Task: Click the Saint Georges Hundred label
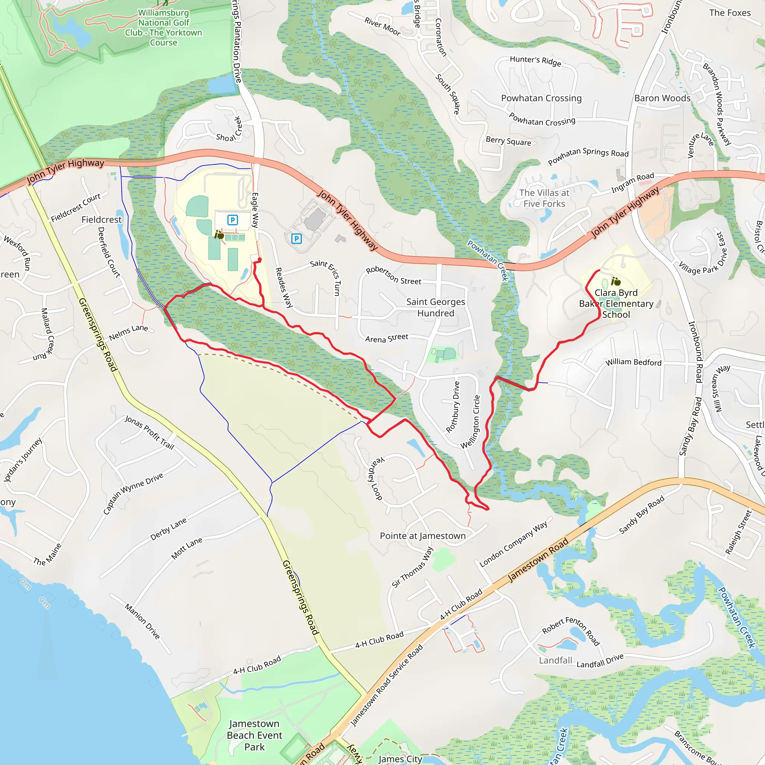[436, 307]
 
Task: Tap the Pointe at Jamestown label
[422, 536]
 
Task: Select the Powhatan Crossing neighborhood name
[541, 98]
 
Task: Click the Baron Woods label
[662, 98]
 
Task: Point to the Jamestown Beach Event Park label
[254, 735]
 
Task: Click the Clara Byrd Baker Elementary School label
[616, 304]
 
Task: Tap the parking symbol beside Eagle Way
[232, 220]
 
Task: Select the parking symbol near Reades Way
[296, 238]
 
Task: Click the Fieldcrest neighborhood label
[101, 219]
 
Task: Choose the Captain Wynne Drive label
[133, 493]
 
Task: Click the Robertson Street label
[393, 276]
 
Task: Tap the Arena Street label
[387, 338]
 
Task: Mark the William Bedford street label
[633, 362]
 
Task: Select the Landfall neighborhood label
[555, 660]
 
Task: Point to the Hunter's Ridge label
[535, 61]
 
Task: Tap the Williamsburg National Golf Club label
[164, 28]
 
